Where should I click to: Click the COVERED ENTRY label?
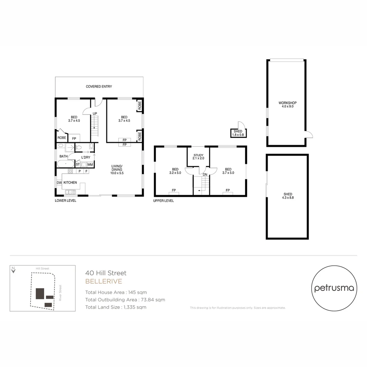99,87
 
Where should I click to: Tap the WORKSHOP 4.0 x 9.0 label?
287,105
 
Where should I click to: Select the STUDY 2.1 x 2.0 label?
198,157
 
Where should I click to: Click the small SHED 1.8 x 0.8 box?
238,133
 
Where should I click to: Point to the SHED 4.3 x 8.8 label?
287,196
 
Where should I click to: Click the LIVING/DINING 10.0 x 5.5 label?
117,170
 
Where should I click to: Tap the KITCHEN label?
70,183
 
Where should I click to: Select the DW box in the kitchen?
59,183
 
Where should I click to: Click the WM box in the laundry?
90,164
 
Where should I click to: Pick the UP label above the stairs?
95,113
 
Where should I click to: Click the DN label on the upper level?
205,174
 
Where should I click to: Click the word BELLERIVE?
104,281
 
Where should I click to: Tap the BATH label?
64,157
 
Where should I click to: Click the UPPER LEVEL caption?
163,201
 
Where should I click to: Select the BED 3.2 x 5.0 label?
175,171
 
